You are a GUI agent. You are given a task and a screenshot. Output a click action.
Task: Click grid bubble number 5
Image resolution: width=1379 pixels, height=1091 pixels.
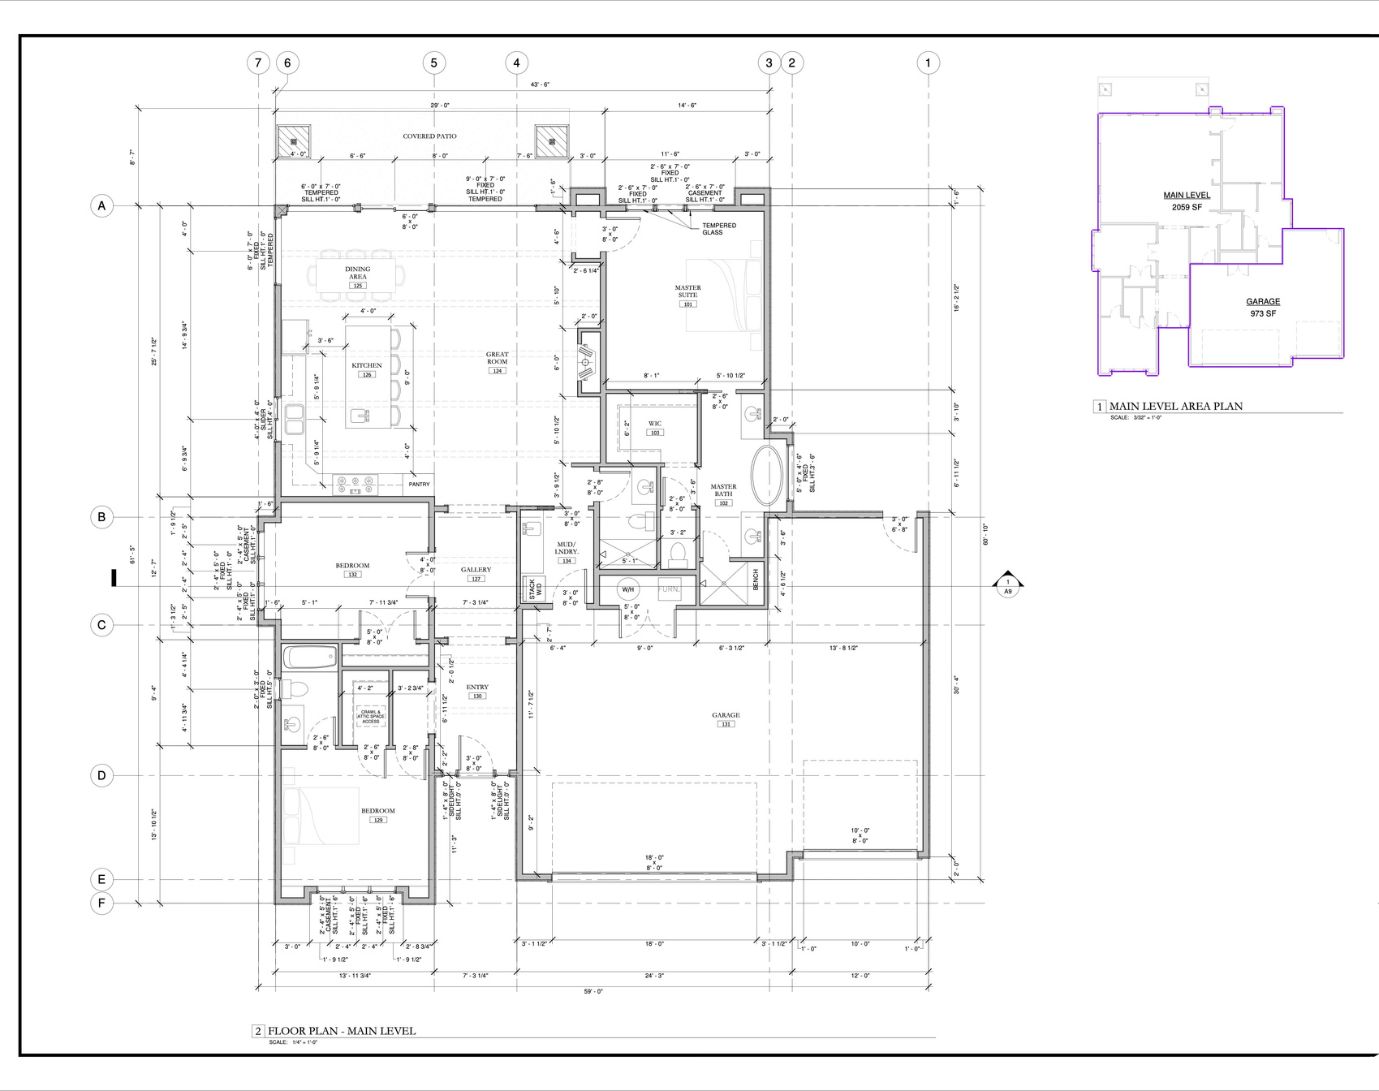tap(434, 63)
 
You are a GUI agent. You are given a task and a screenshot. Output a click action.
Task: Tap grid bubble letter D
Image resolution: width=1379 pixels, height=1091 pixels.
tap(101, 775)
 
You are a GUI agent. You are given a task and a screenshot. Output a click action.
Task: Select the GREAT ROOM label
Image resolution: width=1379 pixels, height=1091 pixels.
tap(497, 359)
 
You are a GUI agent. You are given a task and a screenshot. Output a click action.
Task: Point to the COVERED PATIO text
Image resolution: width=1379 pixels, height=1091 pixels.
tap(429, 136)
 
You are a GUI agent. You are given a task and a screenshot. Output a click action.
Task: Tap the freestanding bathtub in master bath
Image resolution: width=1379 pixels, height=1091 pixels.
tap(767, 476)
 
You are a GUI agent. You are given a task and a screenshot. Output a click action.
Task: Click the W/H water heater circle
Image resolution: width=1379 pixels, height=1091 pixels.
tap(627, 589)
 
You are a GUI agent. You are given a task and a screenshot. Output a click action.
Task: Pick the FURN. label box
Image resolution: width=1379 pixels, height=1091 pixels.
tap(669, 589)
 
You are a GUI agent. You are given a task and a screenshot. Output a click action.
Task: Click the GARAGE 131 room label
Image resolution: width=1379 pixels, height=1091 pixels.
tap(726, 717)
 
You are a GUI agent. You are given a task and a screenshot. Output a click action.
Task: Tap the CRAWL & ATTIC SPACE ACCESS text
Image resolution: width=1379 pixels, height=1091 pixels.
tap(371, 716)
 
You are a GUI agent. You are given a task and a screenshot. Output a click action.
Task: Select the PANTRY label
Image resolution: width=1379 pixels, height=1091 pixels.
tap(419, 485)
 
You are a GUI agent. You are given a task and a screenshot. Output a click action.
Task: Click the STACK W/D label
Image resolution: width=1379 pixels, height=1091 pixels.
tap(534, 589)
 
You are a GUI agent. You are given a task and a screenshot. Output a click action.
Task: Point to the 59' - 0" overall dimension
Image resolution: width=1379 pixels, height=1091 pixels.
tap(593, 991)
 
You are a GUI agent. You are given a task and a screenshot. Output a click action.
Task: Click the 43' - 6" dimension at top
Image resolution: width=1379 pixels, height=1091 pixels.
tap(540, 84)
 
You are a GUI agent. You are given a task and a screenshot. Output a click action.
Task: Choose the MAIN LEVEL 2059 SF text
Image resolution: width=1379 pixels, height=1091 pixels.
tap(1187, 201)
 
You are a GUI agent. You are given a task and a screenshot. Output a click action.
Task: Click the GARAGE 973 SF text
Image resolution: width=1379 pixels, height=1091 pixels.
tap(1263, 307)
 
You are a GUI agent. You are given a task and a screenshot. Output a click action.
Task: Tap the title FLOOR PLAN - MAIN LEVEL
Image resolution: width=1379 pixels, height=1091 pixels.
tap(342, 1031)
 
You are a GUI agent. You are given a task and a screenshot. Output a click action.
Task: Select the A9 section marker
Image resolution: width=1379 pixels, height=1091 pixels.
tap(1008, 586)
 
